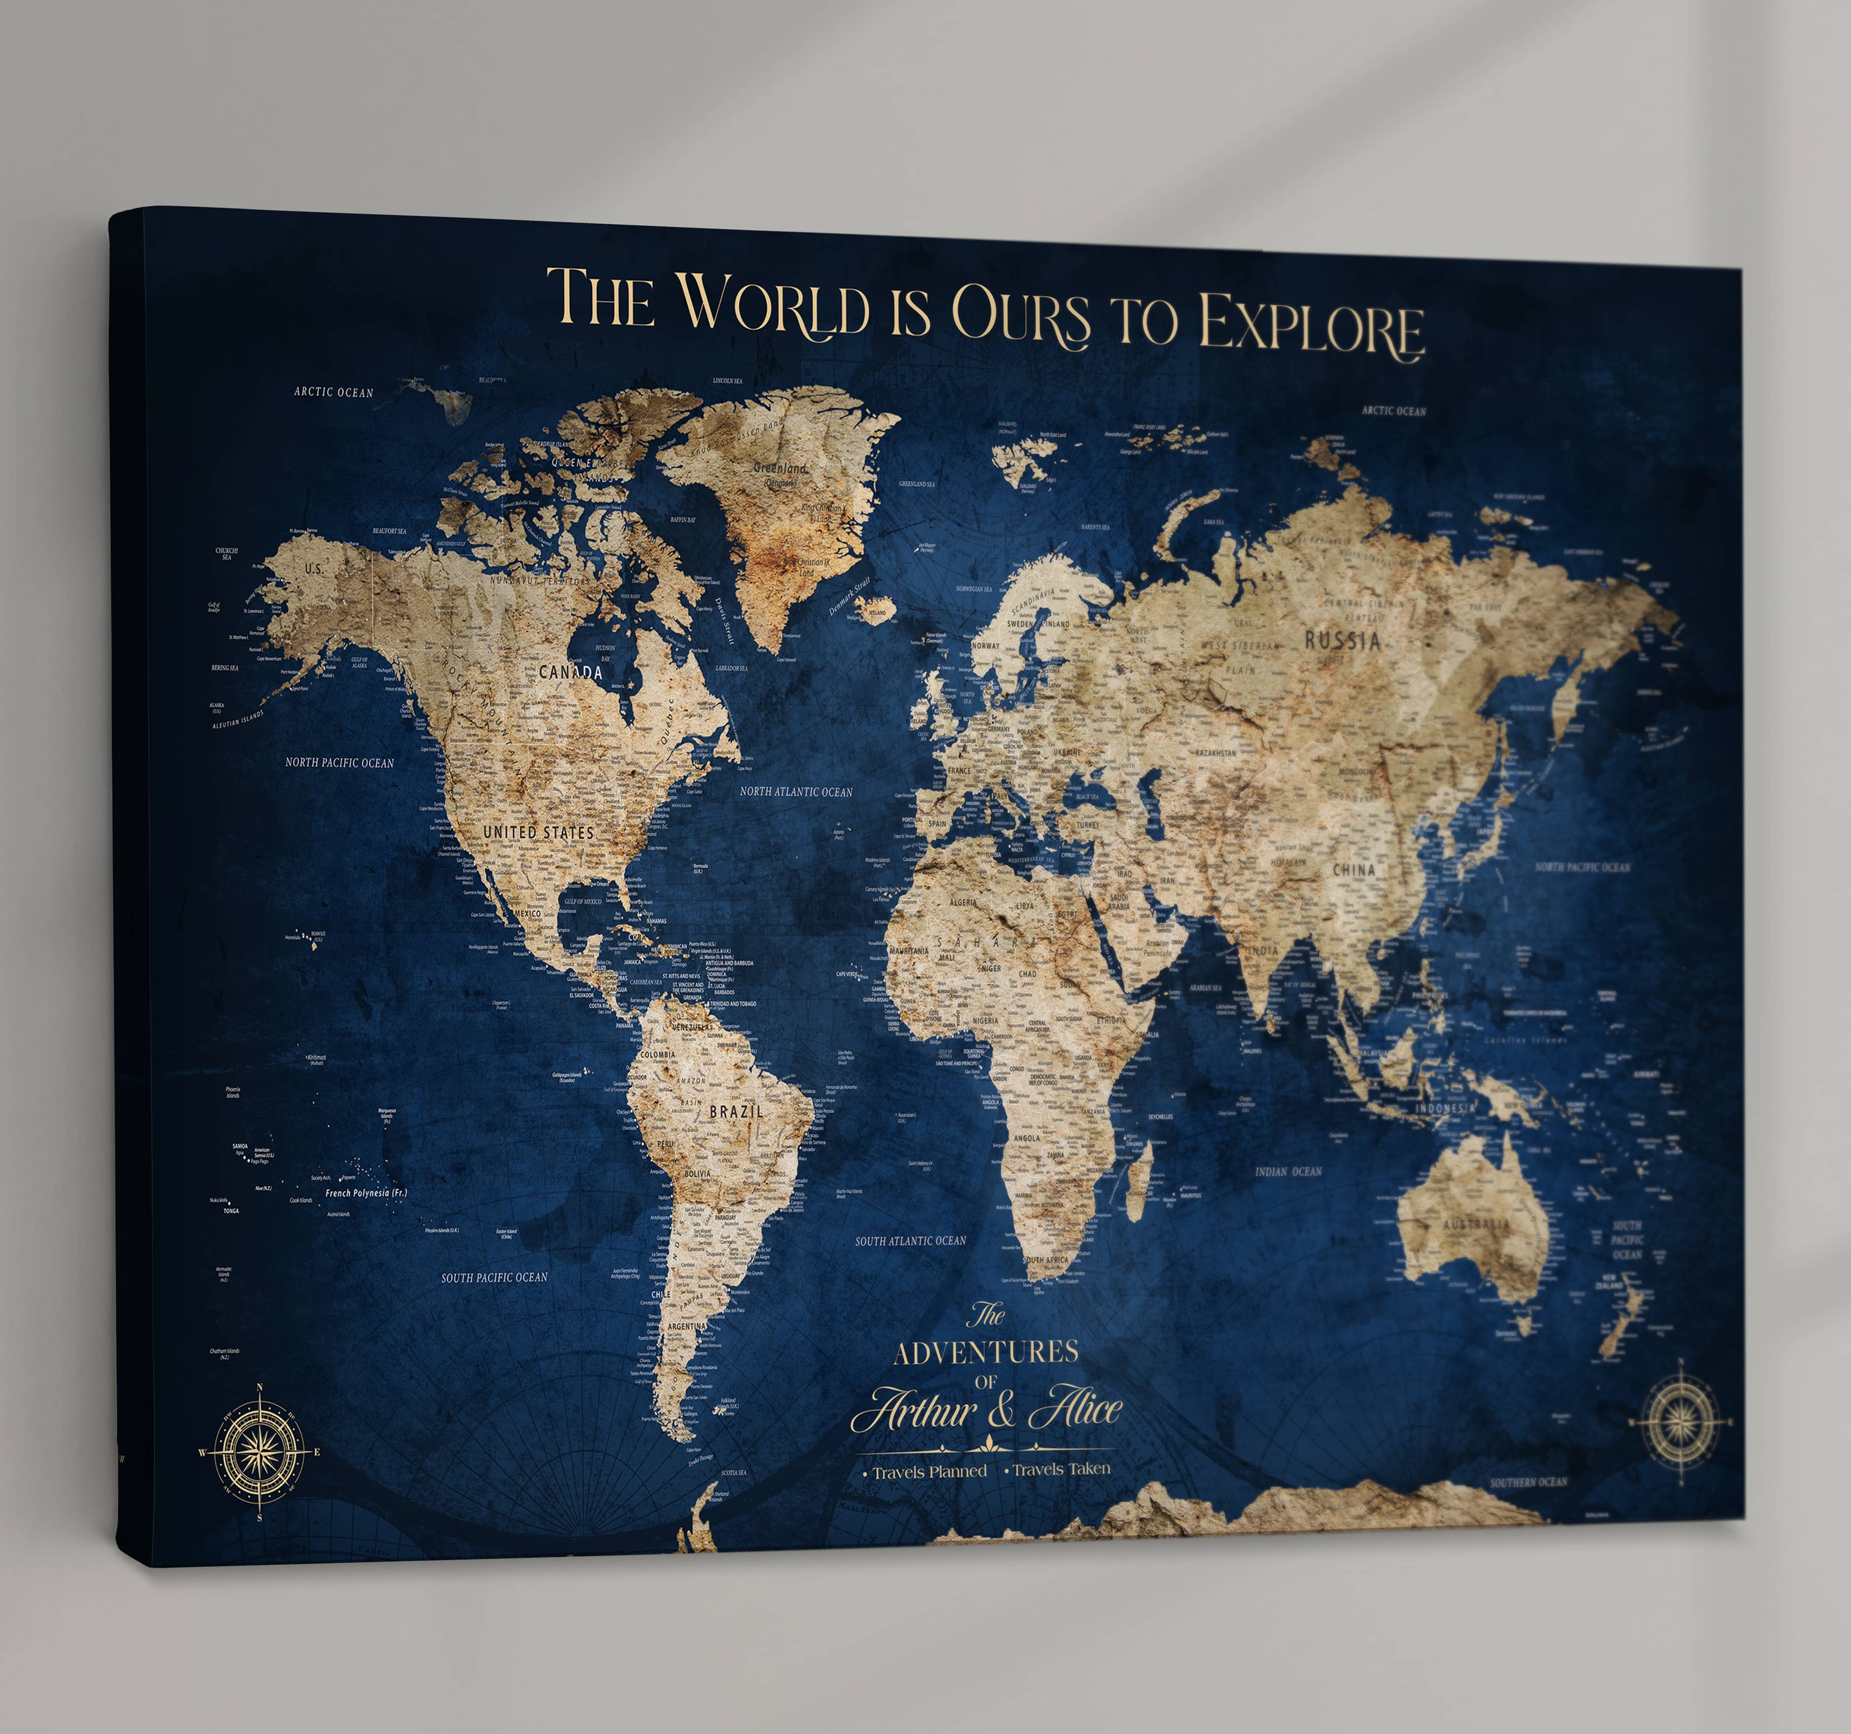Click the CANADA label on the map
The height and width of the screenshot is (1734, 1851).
point(571,671)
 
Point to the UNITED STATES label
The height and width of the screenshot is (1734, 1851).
point(538,832)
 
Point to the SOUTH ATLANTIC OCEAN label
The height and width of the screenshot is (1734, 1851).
point(911,1241)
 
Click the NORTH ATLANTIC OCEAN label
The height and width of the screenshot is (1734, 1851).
point(796,792)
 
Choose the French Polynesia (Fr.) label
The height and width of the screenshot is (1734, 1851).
point(366,1193)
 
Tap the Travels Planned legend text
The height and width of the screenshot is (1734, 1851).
point(929,1471)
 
